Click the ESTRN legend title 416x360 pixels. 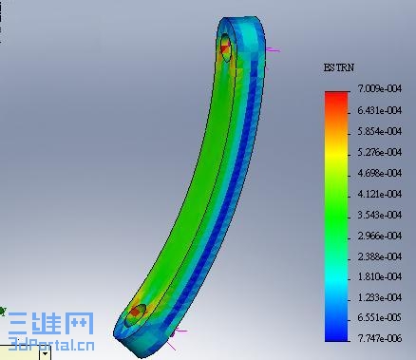(x=338, y=67)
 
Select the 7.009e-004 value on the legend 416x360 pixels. (x=380, y=88)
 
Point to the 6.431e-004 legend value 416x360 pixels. (x=380, y=110)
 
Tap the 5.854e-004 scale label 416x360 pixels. (x=380, y=131)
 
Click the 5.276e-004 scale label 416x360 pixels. (x=380, y=152)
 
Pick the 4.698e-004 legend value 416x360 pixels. (x=380, y=173)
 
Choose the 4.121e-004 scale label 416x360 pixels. (x=380, y=194)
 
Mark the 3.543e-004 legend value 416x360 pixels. (x=380, y=215)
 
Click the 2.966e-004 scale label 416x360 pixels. (x=380, y=236)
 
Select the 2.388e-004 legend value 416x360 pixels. (x=380, y=256)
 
